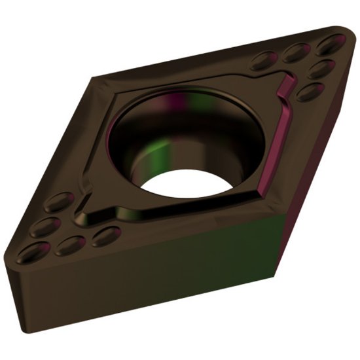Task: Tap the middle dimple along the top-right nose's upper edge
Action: point(297,50)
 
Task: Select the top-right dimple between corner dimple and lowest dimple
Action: point(319,67)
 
